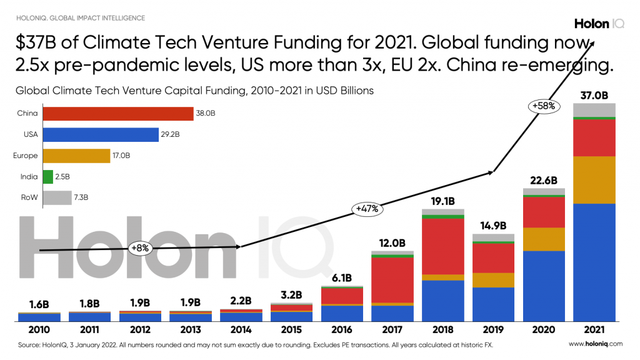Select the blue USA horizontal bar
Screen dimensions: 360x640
[x=100, y=134]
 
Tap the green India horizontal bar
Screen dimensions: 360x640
[x=47, y=177]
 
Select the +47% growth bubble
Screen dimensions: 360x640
[x=366, y=209]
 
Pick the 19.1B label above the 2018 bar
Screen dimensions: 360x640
[x=442, y=201]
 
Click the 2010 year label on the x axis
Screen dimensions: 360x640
[x=39, y=329]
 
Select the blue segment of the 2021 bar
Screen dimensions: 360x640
[x=594, y=262]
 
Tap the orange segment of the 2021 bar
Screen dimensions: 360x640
[x=594, y=180]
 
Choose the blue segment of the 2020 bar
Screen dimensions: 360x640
[x=544, y=286]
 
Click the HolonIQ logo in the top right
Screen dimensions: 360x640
[x=598, y=24]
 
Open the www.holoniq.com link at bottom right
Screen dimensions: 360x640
[x=596, y=344]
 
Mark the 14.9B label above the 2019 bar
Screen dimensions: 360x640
[x=493, y=226]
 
